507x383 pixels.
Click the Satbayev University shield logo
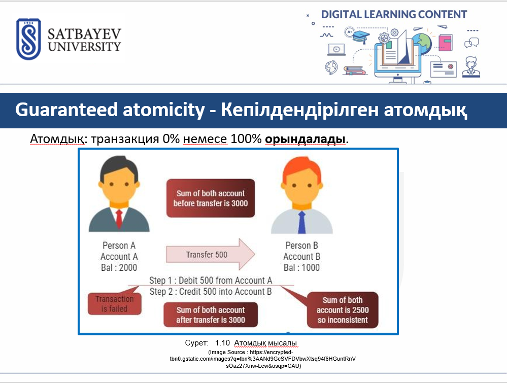point(28,39)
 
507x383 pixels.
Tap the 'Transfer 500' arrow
point(211,254)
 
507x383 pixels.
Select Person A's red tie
point(119,219)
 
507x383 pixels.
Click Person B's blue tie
point(301,222)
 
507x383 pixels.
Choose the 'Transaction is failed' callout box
point(115,303)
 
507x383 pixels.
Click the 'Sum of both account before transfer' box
point(211,198)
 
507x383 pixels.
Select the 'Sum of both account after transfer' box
point(211,315)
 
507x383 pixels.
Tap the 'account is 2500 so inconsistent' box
point(343,310)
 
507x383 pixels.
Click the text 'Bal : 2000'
point(119,268)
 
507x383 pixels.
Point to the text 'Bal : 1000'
point(301,268)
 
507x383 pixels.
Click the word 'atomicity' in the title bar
point(163,110)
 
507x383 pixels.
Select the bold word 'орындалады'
point(305,139)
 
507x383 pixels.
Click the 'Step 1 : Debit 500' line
point(211,280)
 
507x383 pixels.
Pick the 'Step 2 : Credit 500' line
point(211,292)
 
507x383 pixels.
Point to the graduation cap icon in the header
point(361,36)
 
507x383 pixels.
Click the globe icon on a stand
point(331,67)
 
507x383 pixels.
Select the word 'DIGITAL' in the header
point(341,15)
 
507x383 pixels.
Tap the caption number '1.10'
point(222,343)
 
